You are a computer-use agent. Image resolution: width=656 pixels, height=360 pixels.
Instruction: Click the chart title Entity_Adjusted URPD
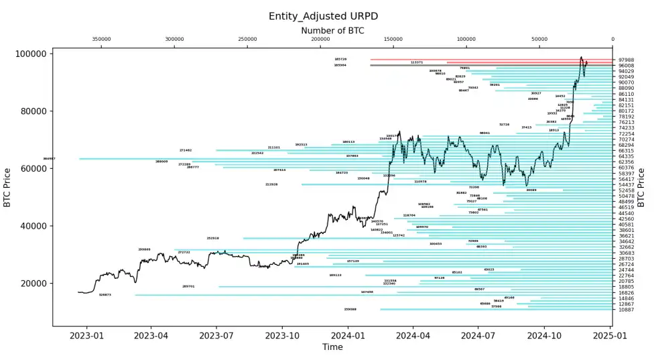click(328, 16)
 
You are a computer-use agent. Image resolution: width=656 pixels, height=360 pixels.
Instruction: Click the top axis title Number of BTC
click(332, 31)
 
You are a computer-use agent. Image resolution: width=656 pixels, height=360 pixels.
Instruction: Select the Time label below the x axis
click(332, 347)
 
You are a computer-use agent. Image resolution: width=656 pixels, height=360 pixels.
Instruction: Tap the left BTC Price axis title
click(7, 187)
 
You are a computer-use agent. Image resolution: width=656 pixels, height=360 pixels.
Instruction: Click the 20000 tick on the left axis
click(37, 284)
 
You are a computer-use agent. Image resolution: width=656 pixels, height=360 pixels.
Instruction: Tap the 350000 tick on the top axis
click(101, 40)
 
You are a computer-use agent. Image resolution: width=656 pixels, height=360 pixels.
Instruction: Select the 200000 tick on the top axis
click(321, 40)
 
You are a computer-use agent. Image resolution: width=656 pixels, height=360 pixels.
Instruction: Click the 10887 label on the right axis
click(626, 310)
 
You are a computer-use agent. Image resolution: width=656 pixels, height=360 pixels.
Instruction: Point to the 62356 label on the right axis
click(626, 162)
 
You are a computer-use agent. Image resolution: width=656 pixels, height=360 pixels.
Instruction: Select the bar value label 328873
click(105, 295)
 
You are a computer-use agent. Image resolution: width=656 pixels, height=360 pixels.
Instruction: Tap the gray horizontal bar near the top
click(489, 65)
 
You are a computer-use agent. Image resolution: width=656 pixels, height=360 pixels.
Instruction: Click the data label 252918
click(213, 238)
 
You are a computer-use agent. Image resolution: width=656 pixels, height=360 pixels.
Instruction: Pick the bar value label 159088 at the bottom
click(350, 309)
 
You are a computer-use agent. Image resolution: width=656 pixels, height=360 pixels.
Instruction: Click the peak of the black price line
click(581, 58)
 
